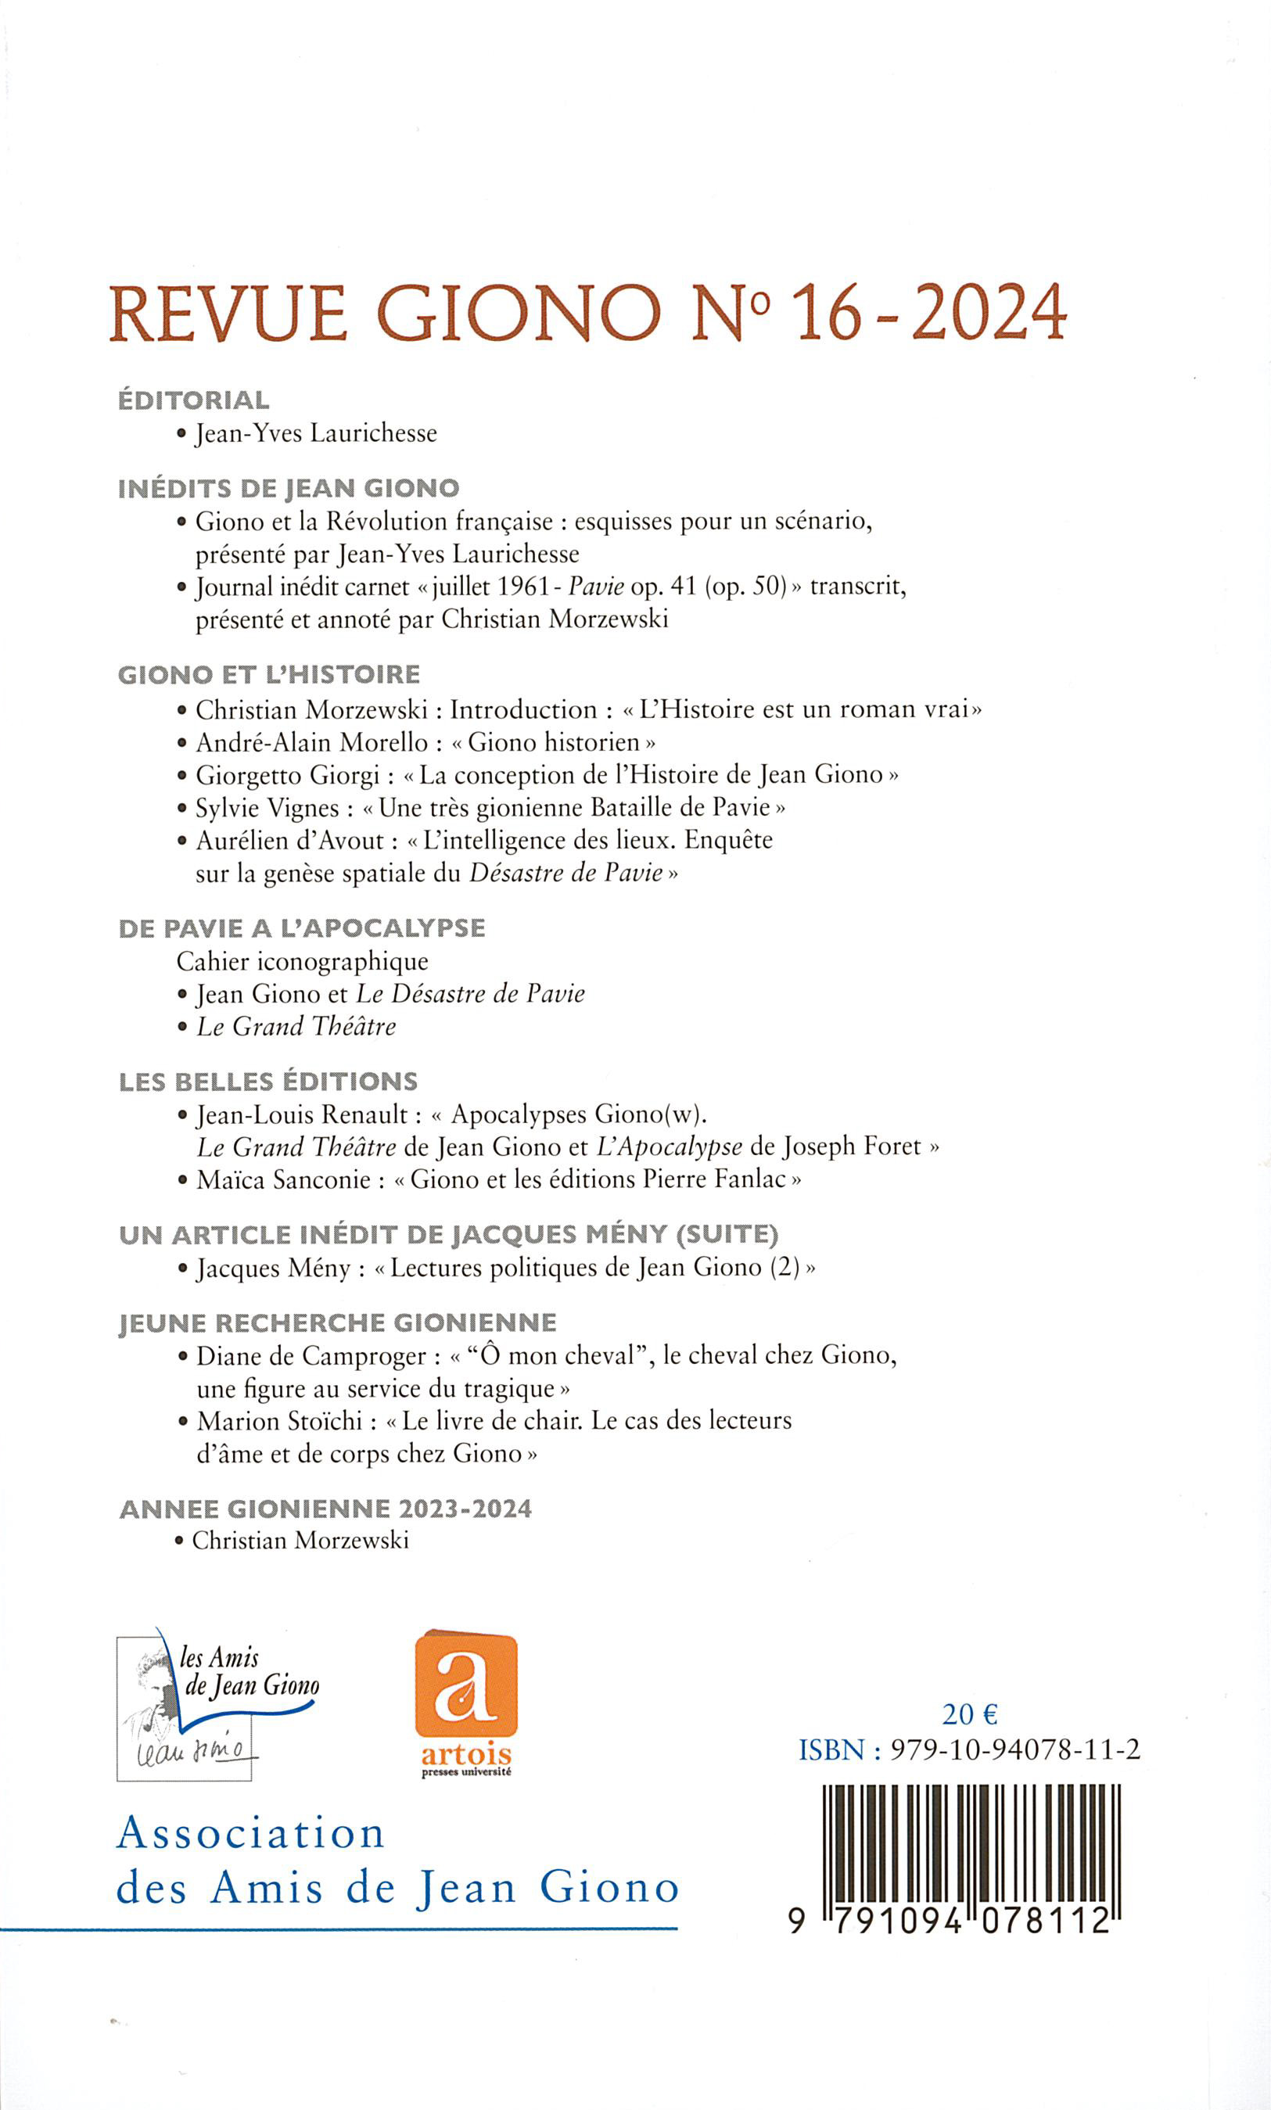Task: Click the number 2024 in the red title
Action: click(989, 314)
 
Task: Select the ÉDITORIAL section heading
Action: click(193, 400)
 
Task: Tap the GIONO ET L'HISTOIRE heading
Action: click(269, 675)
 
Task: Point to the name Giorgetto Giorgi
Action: click(287, 775)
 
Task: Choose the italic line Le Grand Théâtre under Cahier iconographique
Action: click(296, 1026)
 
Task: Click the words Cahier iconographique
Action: click(303, 961)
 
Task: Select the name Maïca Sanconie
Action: click(283, 1180)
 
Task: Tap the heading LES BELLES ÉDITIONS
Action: click(268, 1082)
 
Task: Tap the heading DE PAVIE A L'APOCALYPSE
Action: click(301, 928)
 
